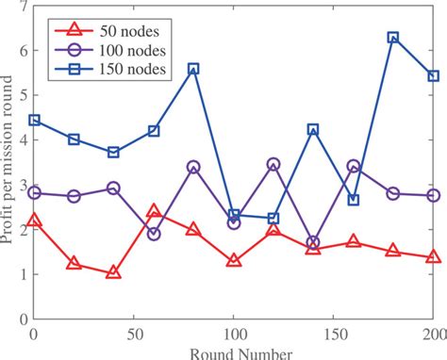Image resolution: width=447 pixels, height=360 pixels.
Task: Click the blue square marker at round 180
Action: pos(393,38)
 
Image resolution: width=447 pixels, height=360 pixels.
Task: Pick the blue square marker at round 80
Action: pos(193,69)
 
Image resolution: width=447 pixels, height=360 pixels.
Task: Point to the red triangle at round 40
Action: pos(113,272)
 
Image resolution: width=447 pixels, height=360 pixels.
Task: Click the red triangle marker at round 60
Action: pos(154,212)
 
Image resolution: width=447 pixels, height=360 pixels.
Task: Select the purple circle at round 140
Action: pos(313,242)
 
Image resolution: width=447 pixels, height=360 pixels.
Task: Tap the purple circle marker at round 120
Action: pos(273,164)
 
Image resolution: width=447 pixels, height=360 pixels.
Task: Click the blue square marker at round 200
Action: pos(433,76)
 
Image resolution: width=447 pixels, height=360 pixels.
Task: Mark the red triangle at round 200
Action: pos(433,257)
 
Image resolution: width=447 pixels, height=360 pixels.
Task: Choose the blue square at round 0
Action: pos(34,121)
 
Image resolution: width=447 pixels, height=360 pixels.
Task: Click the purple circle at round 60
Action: pos(154,233)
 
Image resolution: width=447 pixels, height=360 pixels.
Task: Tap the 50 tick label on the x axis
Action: pos(133,335)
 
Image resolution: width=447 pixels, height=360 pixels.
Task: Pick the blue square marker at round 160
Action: pos(353,200)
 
